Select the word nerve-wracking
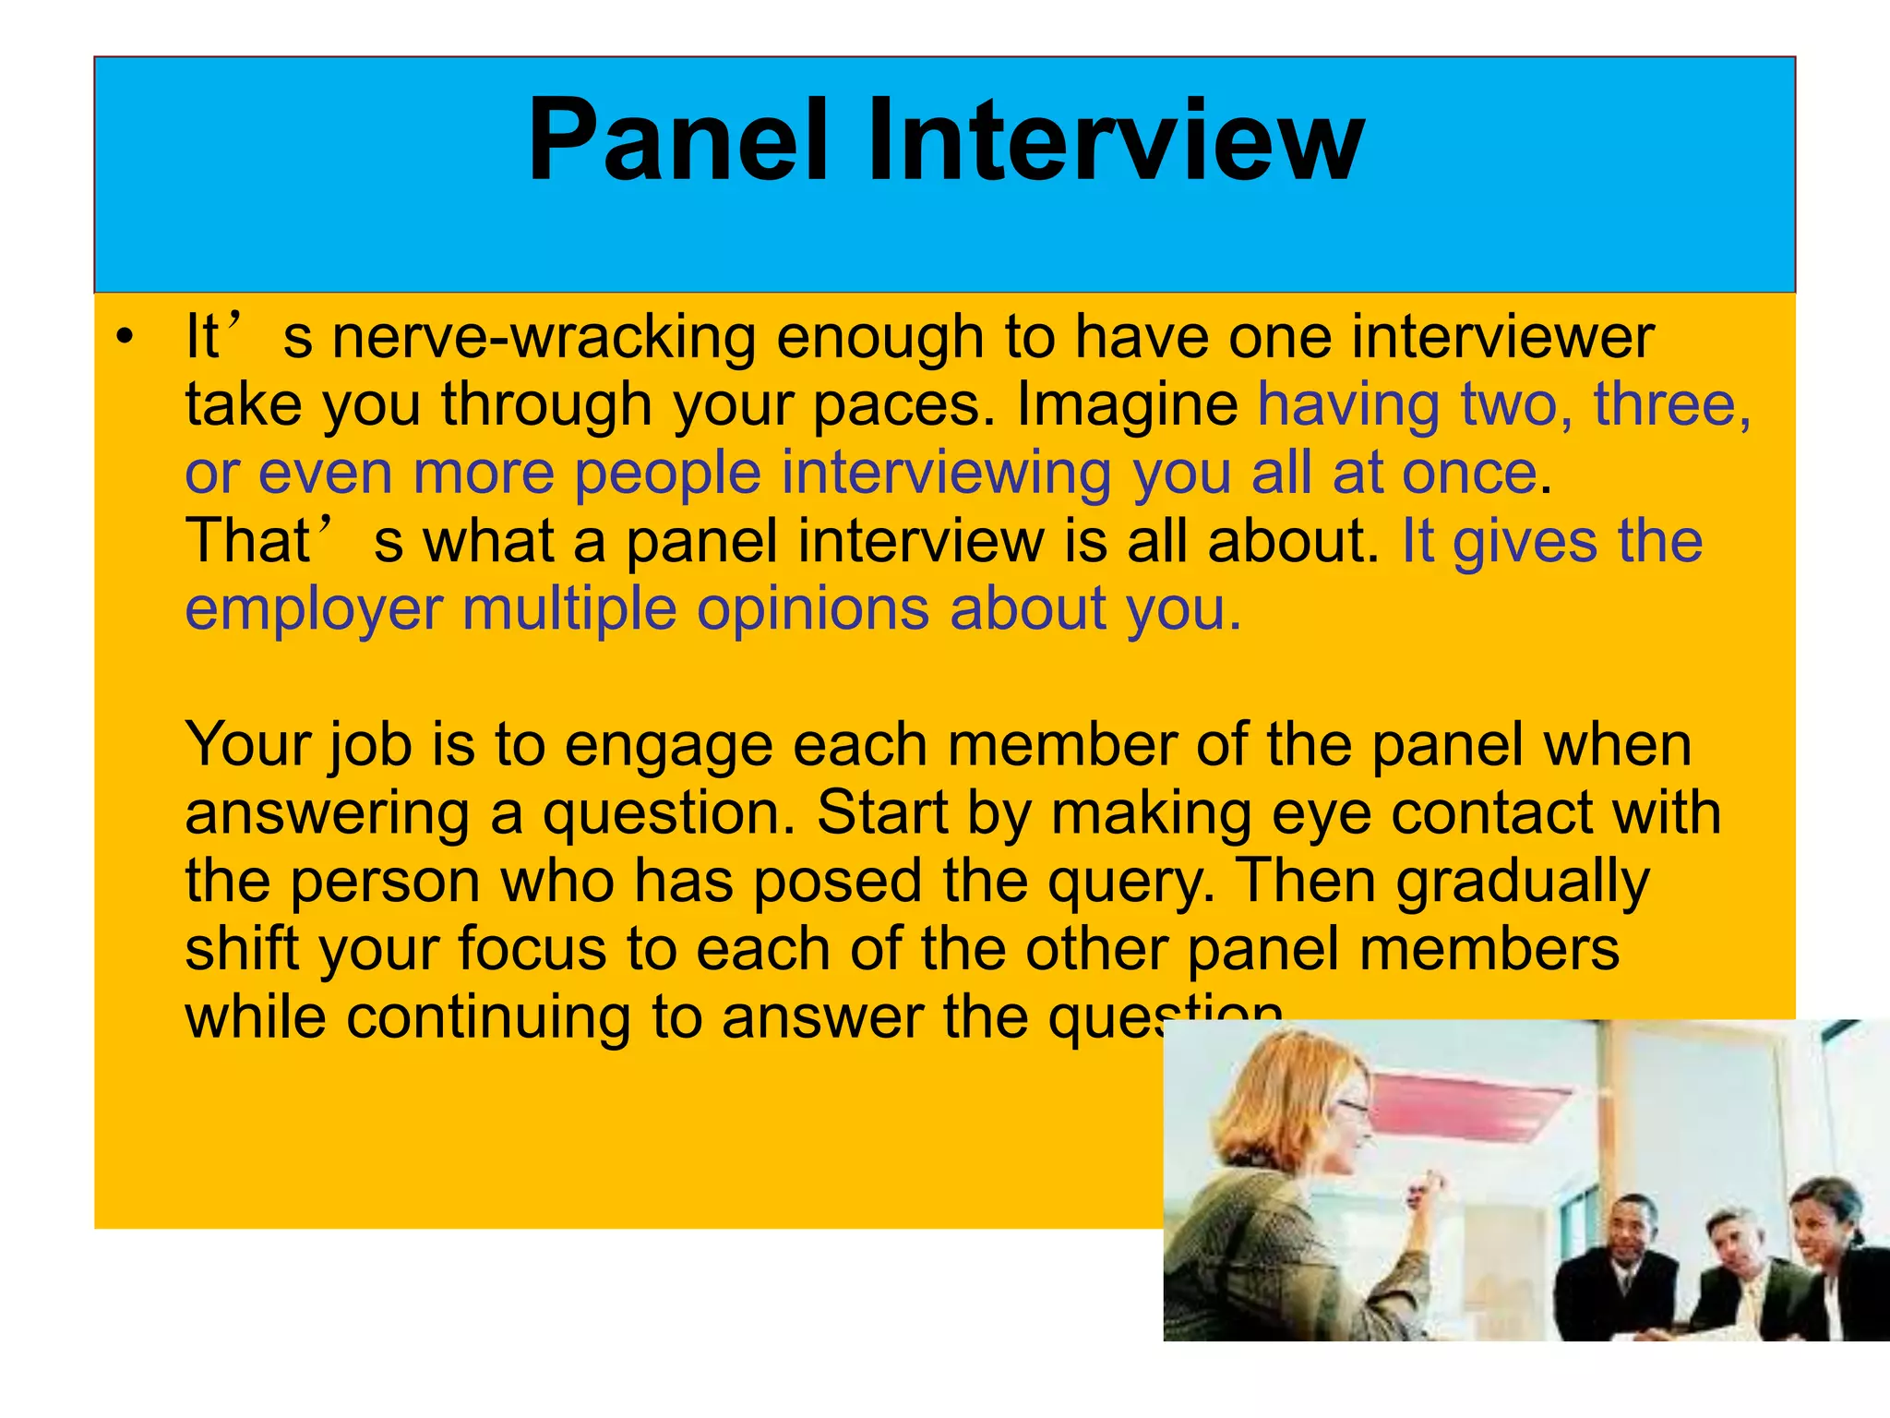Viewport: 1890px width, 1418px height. point(543,337)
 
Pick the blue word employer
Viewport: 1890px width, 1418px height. point(314,609)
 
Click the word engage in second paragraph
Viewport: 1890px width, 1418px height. point(668,746)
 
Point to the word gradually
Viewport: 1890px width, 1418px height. point(1522,882)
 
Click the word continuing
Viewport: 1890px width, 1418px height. point(489,1017)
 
